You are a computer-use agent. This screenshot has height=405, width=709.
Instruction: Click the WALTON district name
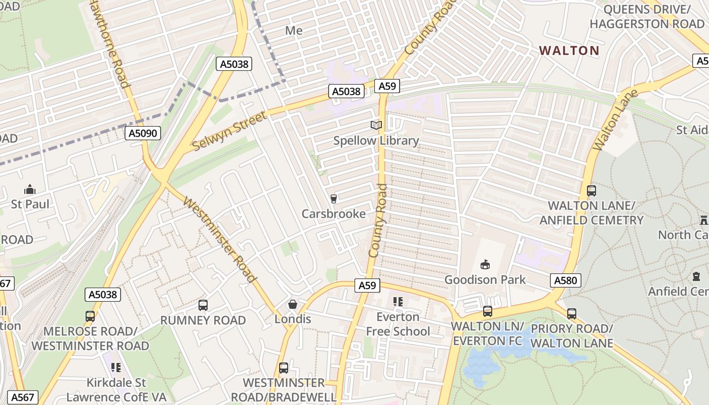[569, 51]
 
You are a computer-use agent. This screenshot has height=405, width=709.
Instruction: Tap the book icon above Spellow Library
[376, 125]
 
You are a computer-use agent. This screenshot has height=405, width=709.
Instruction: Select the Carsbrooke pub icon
[333, 198]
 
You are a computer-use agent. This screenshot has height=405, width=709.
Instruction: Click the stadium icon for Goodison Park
[485, 264]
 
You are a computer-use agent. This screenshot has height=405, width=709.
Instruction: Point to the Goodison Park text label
[485, 279]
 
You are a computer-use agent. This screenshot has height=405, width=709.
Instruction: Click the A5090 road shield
[143, 133]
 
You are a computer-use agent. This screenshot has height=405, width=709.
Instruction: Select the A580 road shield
[565, 280]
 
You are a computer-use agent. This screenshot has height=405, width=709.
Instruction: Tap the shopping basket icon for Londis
[292, 304]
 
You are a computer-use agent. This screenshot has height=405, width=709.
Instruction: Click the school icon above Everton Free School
[398, 302]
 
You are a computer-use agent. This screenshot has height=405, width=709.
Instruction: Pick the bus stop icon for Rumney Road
[203, 305]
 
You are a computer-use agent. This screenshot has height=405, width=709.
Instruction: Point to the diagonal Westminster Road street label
[219, 239]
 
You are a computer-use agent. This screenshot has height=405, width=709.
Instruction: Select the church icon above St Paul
[30, 190]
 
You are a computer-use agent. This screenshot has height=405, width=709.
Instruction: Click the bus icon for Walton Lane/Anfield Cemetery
[592, 191]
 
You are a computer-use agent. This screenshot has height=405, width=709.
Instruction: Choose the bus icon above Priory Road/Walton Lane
[572, 313]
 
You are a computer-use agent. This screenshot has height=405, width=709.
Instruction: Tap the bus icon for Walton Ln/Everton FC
[488, 311]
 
